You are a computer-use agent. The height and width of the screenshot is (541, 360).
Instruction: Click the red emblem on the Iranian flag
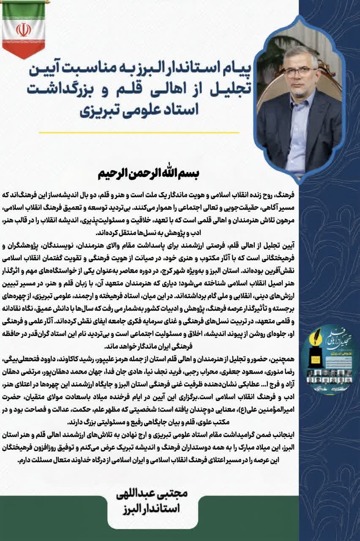coord(23,30)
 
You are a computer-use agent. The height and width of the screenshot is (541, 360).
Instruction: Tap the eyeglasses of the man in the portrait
coord(300,71)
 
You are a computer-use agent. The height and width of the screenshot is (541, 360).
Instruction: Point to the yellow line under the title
coord(139,133)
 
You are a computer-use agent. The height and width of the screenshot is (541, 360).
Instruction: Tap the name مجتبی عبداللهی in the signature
coord(151,493)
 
